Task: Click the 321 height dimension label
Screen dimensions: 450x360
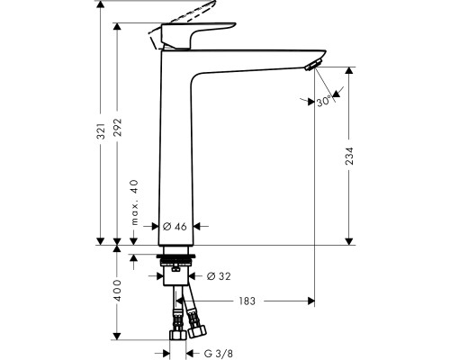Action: coord(102,130)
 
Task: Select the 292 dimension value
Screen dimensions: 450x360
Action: coord(118,128)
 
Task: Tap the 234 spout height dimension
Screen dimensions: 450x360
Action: coord(349,156)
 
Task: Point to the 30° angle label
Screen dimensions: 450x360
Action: coord(324,102)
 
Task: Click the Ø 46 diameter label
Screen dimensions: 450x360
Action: coord(175,227)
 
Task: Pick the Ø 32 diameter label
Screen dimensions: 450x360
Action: coord(219,276)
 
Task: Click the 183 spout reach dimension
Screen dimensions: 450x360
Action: coord(247,301)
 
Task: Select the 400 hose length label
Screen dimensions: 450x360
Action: coord(118,291)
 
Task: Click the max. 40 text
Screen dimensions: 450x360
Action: coord(135,202)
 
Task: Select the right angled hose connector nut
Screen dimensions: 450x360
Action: coord(197,331)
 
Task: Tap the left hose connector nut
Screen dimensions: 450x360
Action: coord(178,335)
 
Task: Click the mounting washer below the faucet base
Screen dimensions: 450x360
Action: coord(175,256)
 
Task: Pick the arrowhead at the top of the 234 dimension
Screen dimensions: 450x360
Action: coord(349,70)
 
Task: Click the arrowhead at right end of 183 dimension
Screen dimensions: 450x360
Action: coord(310,301)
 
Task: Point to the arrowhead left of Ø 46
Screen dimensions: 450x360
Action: coord(155,226)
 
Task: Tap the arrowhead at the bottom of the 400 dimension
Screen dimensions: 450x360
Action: coord(117,336)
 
